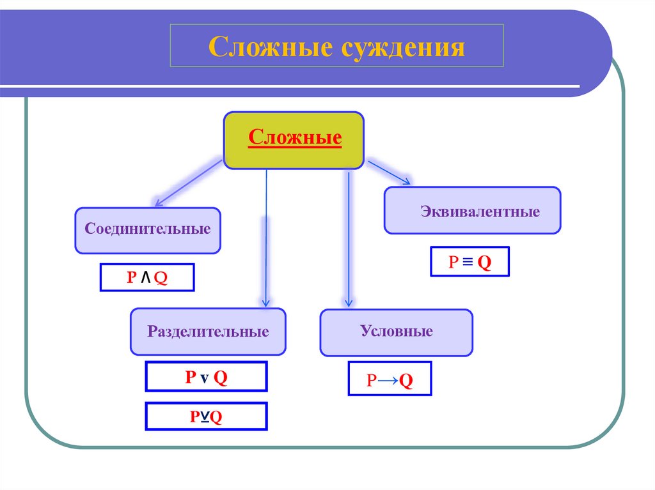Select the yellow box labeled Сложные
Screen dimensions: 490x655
294,141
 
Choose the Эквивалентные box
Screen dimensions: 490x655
472,210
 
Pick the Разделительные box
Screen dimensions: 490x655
208,332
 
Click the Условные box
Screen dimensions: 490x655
396,332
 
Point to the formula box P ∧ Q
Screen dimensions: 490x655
146,277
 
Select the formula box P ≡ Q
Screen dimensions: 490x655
470,261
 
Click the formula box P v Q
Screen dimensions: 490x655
206,377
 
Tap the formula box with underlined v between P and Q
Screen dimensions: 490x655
206,417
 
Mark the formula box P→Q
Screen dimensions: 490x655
390,379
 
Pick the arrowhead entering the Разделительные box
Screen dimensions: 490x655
265,302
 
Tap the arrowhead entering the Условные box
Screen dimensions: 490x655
349,302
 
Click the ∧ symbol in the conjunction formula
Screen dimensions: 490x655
146,277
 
